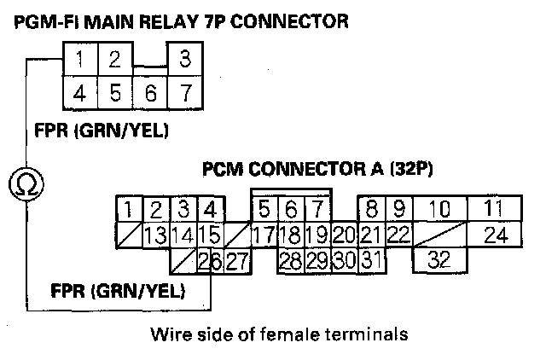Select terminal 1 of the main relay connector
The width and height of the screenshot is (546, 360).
78,61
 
